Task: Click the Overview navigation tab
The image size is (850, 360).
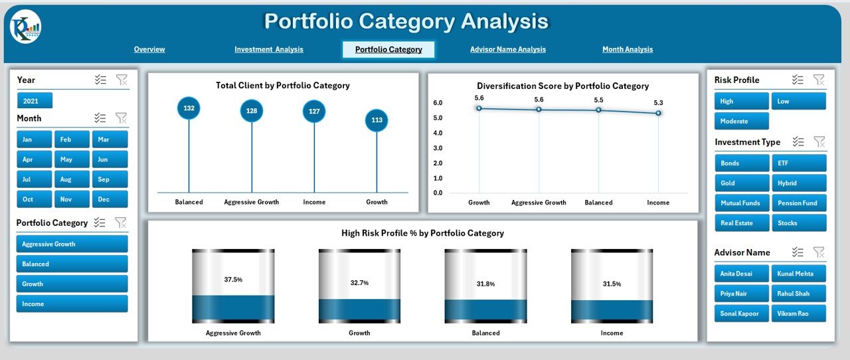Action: (149, 49)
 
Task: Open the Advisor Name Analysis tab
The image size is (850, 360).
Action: (507, 49)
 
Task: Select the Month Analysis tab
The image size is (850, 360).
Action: (627, 49)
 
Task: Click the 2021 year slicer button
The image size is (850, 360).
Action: (35, 101)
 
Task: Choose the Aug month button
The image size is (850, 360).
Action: (72, 179)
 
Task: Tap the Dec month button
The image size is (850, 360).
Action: (110, 199)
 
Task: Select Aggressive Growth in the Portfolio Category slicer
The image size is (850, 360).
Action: (72, 244)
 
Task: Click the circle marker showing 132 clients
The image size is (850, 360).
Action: (189, 108)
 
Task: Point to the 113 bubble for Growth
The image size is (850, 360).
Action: (377, 120)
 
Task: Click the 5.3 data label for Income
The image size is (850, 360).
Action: (658, 102)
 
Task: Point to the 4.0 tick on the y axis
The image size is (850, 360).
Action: (438, 133)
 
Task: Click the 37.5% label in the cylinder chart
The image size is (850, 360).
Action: (233, 280)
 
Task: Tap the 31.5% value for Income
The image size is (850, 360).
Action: (612, 284)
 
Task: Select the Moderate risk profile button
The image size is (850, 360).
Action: (741, 121)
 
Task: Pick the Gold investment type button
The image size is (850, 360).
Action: (742, 183)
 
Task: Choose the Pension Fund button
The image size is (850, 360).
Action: (799, 203)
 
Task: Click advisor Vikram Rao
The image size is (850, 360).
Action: (799, 313)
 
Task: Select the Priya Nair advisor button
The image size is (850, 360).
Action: (742, 293)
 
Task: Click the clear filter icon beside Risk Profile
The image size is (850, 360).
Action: (819, 80)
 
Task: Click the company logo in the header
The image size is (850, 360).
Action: (25, 27)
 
